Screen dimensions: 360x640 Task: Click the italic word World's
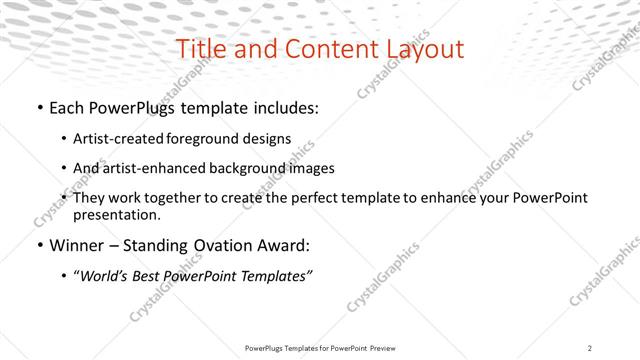(x=105, y=276)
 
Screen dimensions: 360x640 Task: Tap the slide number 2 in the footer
(x=590, y=348)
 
